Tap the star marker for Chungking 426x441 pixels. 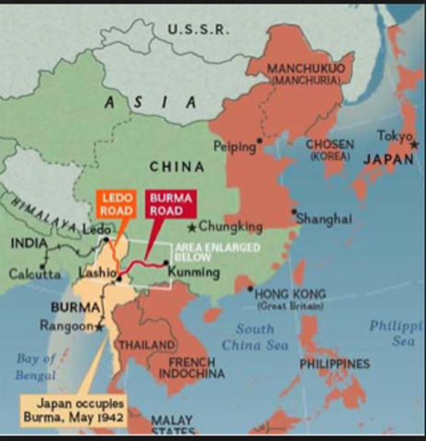(x=191, y=227)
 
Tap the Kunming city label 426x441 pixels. (x=196, y=273)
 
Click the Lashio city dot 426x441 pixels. (x=119, y=277)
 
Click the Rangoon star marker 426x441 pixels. (x=100, y=325)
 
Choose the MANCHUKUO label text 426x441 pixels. (x=307, y=69)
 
